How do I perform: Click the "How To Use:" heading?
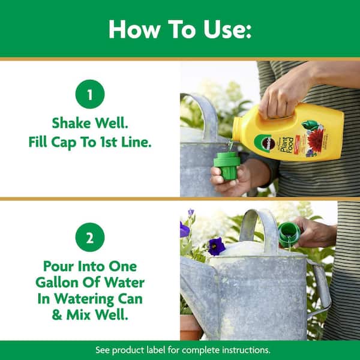179,29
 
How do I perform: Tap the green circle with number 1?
90,94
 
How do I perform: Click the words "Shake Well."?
90,124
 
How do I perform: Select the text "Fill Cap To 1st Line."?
90,143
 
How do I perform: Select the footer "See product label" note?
179,350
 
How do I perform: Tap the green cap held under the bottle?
227,165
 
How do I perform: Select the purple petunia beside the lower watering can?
216,246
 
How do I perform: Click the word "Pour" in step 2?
56,266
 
